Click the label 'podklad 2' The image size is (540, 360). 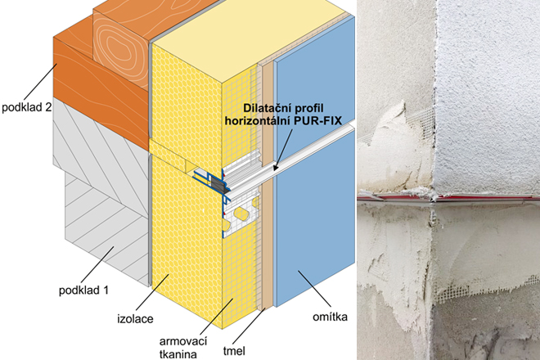click(x=27, y=107)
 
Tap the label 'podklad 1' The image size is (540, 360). click(x=83, y=290)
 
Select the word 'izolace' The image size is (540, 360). click(x=135, y=318)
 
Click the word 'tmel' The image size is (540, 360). click(x=234, y=351)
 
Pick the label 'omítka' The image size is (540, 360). click(x=330, y=317)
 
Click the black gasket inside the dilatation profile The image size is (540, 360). click(x=218, y=185)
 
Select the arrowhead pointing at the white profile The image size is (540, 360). click(x=276, y=167)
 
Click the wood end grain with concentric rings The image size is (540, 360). click(x=120, y=52)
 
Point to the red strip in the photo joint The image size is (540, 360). click(x=448, y=198)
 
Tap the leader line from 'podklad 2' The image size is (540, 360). click(x=39, y=83)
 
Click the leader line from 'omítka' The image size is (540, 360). click(x=314, y=289)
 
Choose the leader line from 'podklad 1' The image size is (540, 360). click(x=97, y=264)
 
